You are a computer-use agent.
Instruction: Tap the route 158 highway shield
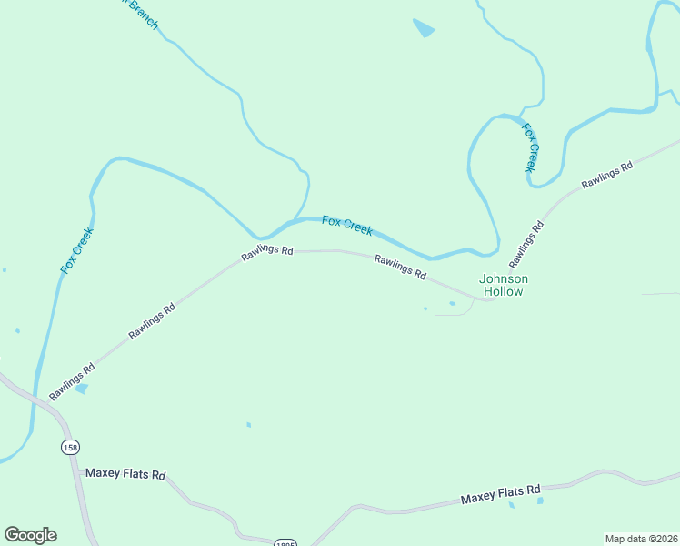tap(71, 447)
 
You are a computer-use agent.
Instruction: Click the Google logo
tap(30, 535)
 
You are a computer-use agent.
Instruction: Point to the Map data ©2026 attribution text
tap(641, 539)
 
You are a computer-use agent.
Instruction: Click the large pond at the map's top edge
tap(424, 28)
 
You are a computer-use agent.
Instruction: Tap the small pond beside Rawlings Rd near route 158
tap(82, 389)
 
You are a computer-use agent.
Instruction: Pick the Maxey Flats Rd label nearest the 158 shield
tap(125, 474)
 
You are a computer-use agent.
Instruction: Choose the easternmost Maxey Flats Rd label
tap(500, 495)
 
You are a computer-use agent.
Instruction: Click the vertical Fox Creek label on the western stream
tap(77, 250)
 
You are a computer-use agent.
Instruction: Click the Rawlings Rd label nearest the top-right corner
tap(607, 177)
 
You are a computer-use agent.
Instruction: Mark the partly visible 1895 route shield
tap(285, 542)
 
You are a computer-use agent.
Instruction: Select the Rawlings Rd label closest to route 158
tap(73, 382)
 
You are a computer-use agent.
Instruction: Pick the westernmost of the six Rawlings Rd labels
tap(73, 382)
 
